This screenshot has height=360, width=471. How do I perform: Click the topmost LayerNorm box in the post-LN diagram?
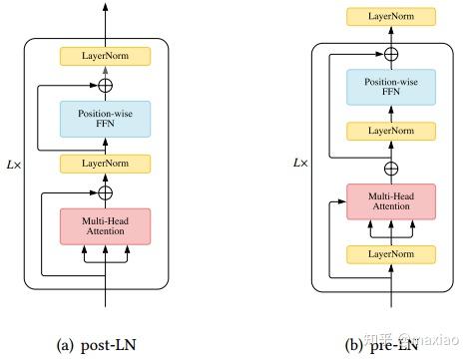[x=105, y=57]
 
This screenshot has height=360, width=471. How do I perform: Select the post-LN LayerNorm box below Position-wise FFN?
[x=105, y=162]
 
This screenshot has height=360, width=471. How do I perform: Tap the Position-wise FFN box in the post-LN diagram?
[x=105, y=119]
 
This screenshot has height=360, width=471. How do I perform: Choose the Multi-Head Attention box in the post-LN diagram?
[x=105, y=225]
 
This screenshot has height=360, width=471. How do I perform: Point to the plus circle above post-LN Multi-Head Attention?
[x=105, y=190]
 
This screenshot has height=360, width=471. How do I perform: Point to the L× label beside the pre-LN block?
[x=300, y=160]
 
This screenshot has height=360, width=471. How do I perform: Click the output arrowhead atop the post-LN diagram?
[x=105, y=9]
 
